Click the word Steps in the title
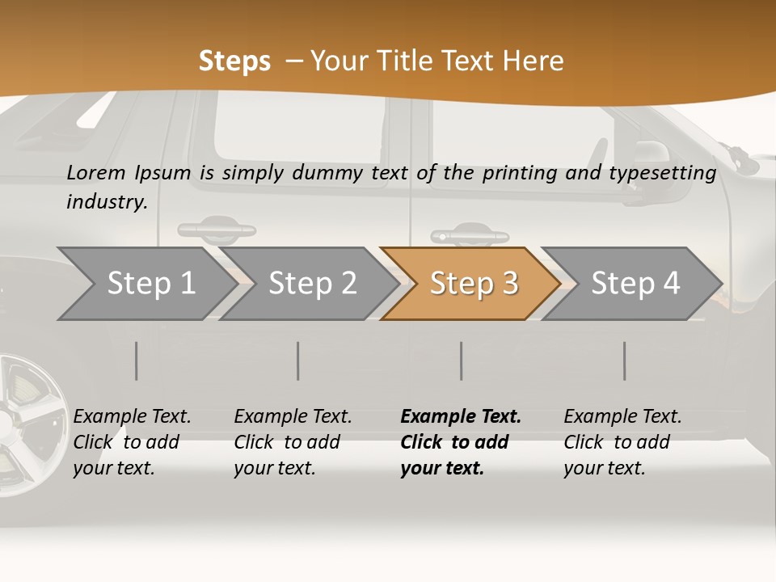coord(234,61)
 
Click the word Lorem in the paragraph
coord(95,172)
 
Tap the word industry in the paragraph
coord(106,201)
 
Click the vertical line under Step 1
coord(137,361)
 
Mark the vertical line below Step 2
coord(298,361)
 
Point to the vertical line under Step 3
coord(461,361)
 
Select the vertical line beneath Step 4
coord(624,361)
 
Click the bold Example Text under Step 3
coord(461,417)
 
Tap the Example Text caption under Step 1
coord(132,417)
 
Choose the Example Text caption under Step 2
coord(293,417)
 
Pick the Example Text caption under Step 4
coord(622,417)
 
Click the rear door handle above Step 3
coord(470,237)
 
